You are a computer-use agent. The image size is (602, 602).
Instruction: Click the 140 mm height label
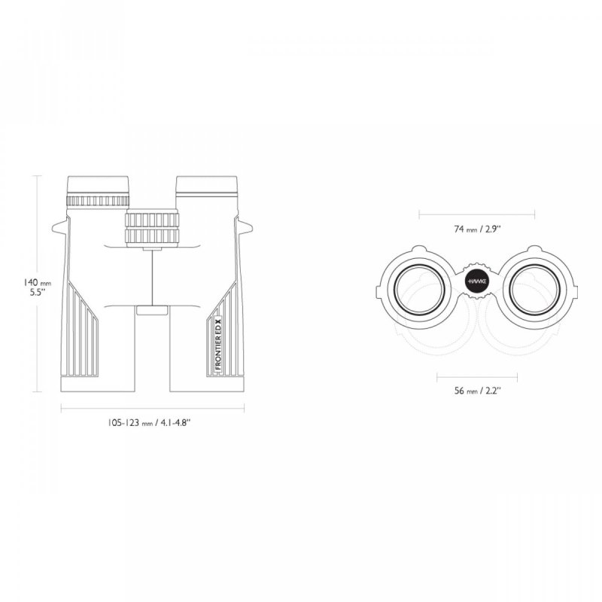point(37,283)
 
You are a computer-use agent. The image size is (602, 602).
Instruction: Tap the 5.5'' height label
point(38,292)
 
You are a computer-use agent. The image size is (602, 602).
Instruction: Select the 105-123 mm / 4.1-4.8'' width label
point(149,423)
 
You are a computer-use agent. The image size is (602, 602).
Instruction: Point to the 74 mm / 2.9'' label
point(478,230)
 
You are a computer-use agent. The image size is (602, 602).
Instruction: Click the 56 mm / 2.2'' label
point(478,391)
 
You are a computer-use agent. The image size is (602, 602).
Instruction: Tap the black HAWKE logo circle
point(477,281)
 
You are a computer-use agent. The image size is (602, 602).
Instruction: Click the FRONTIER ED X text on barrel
point(218,345)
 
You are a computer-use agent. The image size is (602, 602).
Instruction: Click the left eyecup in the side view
point(98,186)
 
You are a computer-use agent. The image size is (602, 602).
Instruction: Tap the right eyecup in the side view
point(206,186)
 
